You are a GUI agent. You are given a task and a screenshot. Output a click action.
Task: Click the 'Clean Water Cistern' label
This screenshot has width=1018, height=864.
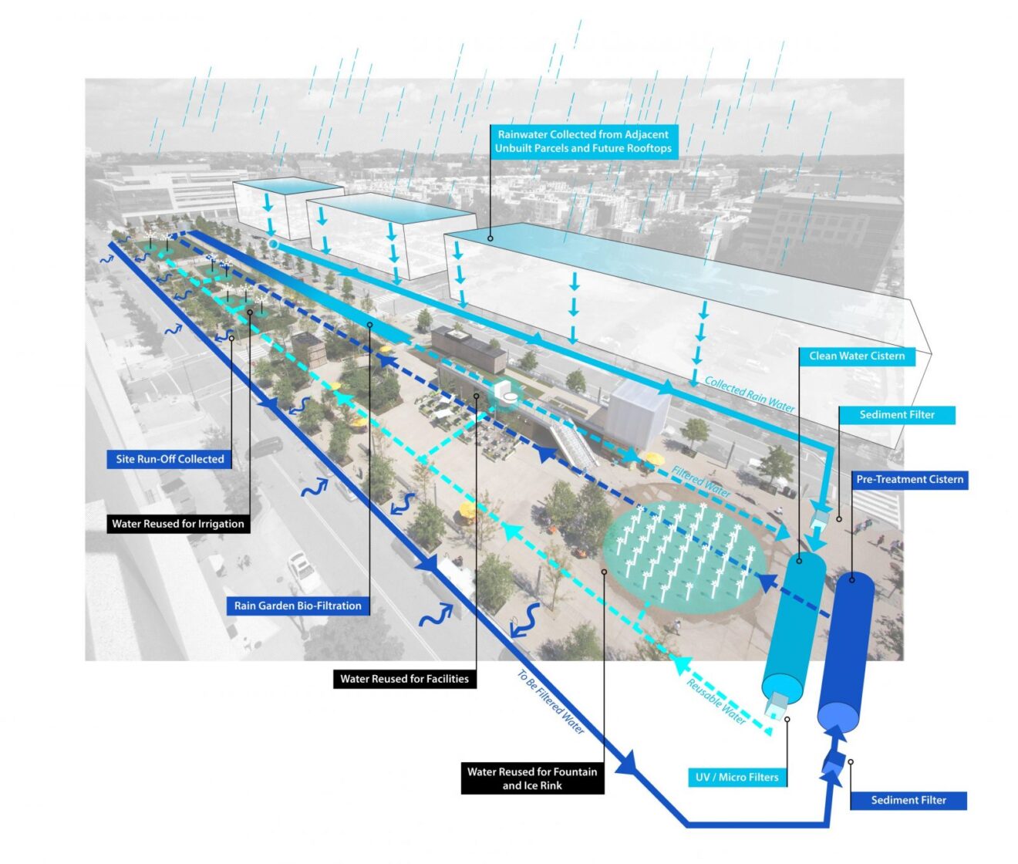[x=856, y=356]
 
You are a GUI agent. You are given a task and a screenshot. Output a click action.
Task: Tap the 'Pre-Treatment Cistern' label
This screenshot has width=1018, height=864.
[x=909, y=479]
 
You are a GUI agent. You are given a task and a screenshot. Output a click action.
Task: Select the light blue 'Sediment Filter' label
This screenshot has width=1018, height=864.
[x=896, y=414]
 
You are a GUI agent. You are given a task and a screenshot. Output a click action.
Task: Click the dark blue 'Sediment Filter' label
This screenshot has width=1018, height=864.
[x=908, y=800]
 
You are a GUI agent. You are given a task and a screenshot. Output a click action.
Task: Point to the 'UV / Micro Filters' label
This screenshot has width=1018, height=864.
[x=737, y=777]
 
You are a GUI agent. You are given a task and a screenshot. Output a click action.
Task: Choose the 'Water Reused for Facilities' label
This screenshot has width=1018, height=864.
[x=404, y=679]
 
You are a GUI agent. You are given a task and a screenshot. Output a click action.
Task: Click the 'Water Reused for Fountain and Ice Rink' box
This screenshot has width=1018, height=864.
[x=532, y=778]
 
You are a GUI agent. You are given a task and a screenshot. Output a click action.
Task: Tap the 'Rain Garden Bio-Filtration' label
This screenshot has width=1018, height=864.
[x=298, y=606]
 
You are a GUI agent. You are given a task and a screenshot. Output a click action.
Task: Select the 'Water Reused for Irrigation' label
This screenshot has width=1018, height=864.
[x=177, y=524]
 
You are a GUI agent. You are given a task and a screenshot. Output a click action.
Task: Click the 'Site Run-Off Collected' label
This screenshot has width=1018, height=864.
[x=170, y=459]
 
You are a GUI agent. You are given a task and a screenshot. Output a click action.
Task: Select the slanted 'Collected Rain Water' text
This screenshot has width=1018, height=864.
[x=748, y=394]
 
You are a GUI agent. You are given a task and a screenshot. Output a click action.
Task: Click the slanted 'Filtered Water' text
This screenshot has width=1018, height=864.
[x=700, y=481]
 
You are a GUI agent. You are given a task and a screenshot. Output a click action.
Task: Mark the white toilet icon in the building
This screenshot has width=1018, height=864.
[x=507, y=392]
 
